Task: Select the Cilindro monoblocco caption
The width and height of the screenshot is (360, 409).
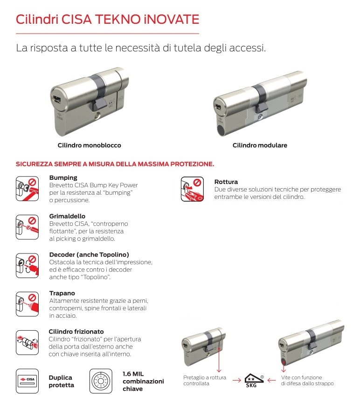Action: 89,145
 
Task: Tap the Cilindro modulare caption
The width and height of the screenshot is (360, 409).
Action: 260,145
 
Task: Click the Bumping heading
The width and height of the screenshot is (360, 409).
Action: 63,178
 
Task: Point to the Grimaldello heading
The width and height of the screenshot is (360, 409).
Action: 68,217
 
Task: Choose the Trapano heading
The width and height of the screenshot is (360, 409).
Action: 62,293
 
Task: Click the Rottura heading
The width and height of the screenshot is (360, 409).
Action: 226,182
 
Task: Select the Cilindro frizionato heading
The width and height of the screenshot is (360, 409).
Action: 76,332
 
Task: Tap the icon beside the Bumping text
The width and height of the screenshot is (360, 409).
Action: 27,189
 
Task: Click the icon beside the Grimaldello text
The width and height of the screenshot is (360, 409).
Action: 27,227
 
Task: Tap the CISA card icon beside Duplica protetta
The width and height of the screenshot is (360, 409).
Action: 27,379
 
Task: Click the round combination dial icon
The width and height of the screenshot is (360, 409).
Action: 100,380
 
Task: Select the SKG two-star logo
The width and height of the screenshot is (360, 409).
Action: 255,380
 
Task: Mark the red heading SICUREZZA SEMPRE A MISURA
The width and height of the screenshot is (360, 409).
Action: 115,164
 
